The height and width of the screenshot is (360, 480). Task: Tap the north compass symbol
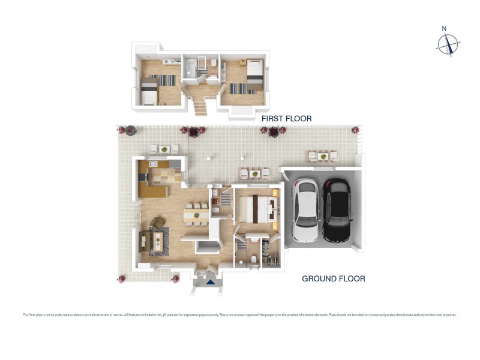pos(447,43)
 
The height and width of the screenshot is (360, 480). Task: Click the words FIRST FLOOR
pos(286,119)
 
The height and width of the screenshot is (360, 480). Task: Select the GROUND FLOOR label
pos(333,278)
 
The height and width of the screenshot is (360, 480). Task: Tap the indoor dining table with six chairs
pos(196,214)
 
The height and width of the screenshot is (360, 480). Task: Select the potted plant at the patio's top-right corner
pos(355,130)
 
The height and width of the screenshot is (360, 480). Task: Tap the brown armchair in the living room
pos(157,224)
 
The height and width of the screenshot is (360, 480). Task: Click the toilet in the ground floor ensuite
pos(254,260)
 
